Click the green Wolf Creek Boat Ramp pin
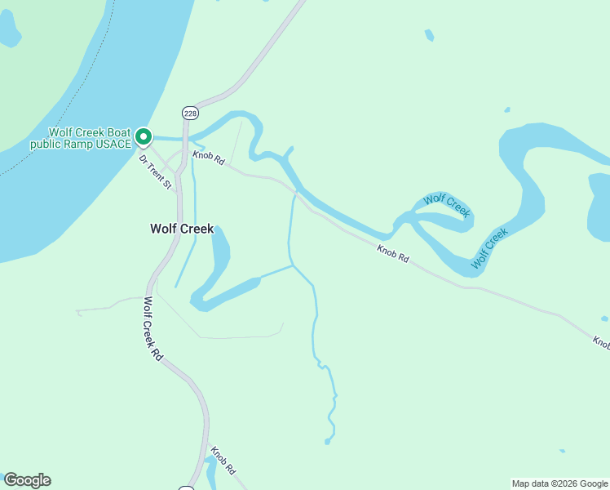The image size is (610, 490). click(x=144, y=136)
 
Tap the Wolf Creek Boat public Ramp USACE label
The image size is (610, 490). click(x=81, y=138)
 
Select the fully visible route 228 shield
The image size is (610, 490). click(x=190, y=113)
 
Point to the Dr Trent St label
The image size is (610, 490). click(x=155, y=172)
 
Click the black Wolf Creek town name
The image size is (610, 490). click(x=182, y=229)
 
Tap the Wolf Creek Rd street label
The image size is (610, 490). click(x=152, y=328)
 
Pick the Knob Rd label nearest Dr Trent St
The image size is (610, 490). click(x=209, y=158)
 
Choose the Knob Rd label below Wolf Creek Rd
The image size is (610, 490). click(x=223, y=460)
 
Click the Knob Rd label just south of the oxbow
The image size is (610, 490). click(x=393, y=254)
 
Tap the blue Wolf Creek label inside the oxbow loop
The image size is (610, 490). click(x=447, y=205)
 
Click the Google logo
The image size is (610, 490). click(x=27, y=480)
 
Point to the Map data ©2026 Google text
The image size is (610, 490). click(x=559, y=483)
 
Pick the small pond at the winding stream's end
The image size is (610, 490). click(x=327, y=442)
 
